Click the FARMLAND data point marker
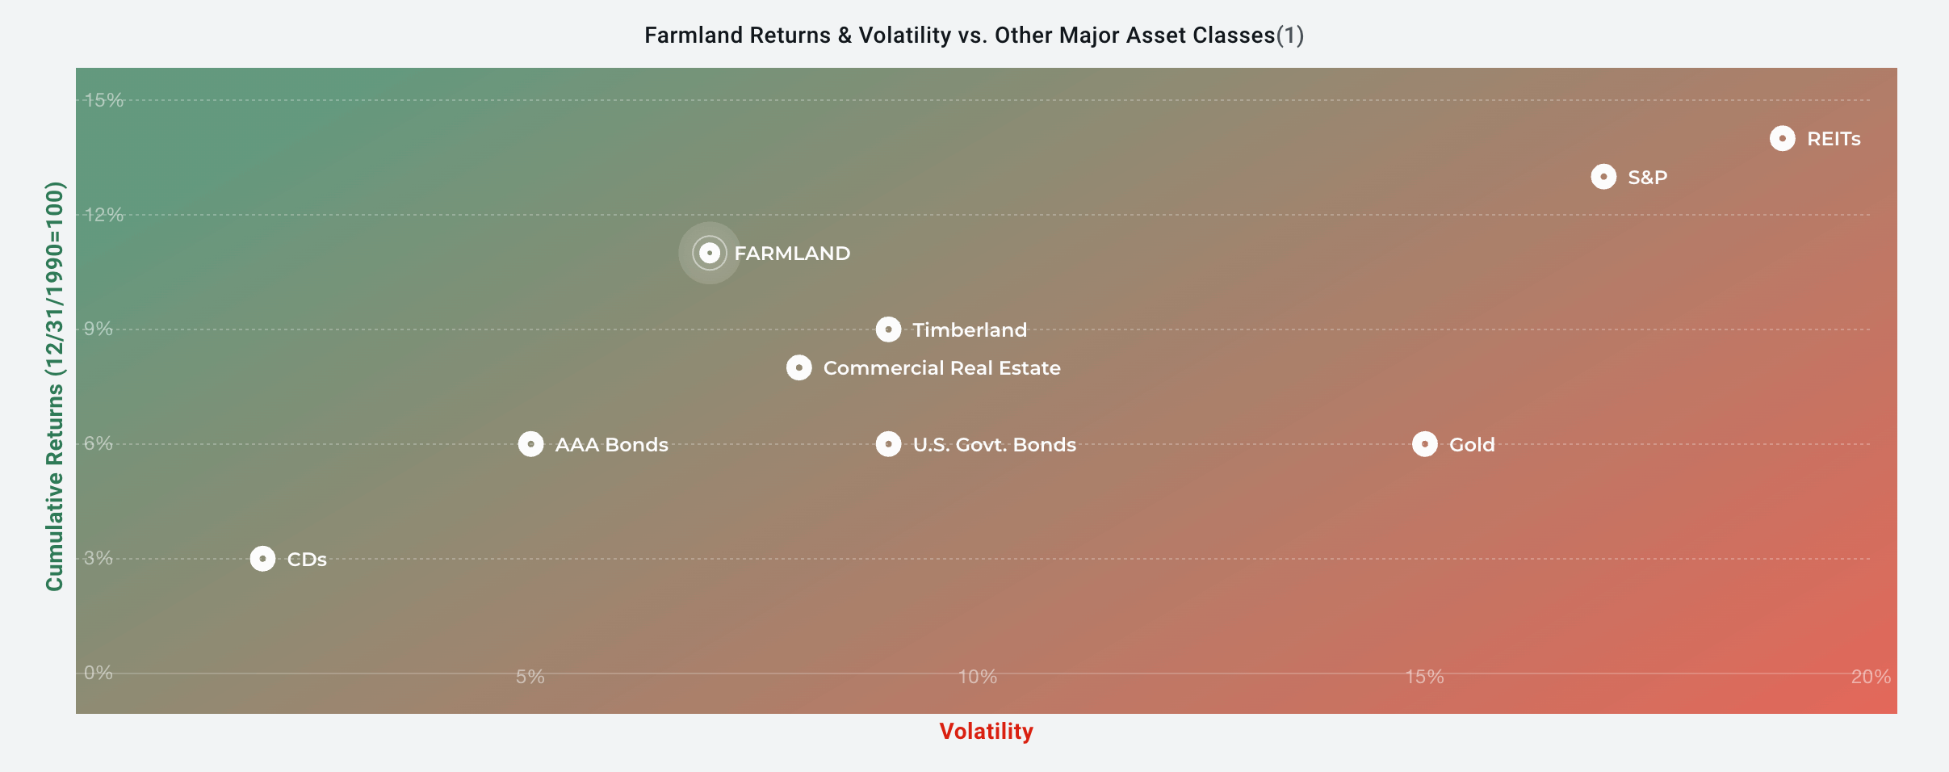click(709, 253)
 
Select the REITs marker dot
click(1782, 138)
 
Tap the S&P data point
click(1603, 177)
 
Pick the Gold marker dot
click(1424, 444)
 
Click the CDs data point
click(262, 559)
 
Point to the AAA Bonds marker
click(530, 444)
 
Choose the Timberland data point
click(888, 329)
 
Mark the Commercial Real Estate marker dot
click(798, 367)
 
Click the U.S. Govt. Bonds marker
click(888, 444)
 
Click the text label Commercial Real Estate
click(941, 368)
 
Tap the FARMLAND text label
click(792, 254)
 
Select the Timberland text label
click(970, 330)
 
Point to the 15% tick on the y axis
click(104, 100)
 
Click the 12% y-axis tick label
click(104, 215)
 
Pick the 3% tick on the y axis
click(98, 558)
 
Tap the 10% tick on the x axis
click(978, 677)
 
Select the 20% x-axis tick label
click(1871, 677)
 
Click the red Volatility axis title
click(986, 732)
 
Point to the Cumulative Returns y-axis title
click(54, 386)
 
